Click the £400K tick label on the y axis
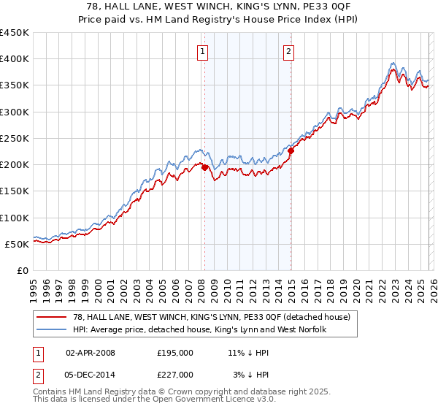[x=15, y=59]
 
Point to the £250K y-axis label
[x=15, y=138]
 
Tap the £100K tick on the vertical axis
[x=15, y=218]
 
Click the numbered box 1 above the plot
[x=201, y=51]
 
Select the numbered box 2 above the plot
[x=289, y=51]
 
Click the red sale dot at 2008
[x=204, y=167]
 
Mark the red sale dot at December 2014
[x=291, y=151]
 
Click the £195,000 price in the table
[x=175, y=353]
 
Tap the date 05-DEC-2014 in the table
[x=91, y=375]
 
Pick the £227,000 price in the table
[x=175, y=375]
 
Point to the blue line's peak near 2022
[x=393, y=63]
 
